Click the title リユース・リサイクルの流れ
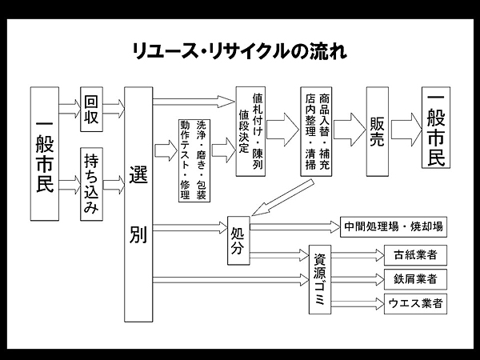pos(239,51)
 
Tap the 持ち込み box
pos(91,183)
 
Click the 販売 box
pos(378,130)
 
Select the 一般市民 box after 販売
pos(438,130)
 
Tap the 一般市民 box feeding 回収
pos(46,153)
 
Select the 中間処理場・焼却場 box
pos(393,227)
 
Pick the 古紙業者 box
pos(414,256)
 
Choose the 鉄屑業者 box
pos(414,279)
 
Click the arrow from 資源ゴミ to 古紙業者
pos(357,257)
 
